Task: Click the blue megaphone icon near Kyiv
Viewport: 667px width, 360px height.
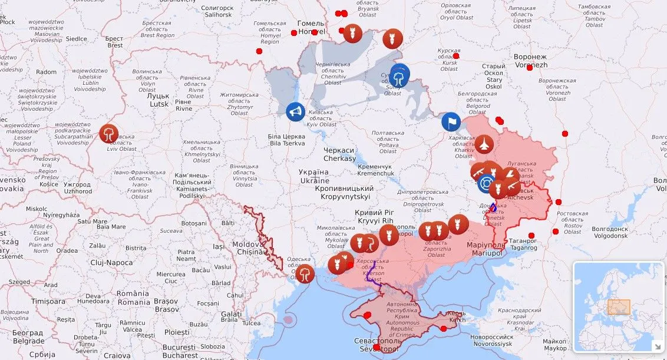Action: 295,111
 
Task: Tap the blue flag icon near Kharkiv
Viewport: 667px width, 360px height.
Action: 451,122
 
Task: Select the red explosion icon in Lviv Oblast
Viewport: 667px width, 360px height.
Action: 108,133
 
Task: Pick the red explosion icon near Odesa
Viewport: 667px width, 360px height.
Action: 305,273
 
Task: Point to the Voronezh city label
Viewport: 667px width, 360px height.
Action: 530,61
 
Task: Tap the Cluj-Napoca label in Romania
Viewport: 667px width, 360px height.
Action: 111,262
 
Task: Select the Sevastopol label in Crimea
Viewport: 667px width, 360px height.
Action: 378,345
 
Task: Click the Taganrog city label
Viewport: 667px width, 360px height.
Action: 523,244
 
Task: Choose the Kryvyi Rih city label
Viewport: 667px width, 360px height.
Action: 374,216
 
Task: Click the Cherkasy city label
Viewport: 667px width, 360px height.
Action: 339,154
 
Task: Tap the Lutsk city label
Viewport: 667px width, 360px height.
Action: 159,100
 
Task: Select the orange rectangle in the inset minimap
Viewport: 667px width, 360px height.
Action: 619,306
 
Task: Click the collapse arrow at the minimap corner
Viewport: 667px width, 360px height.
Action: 656,346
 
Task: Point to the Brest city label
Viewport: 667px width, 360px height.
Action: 114,42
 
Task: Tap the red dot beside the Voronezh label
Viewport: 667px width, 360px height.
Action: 529,68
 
